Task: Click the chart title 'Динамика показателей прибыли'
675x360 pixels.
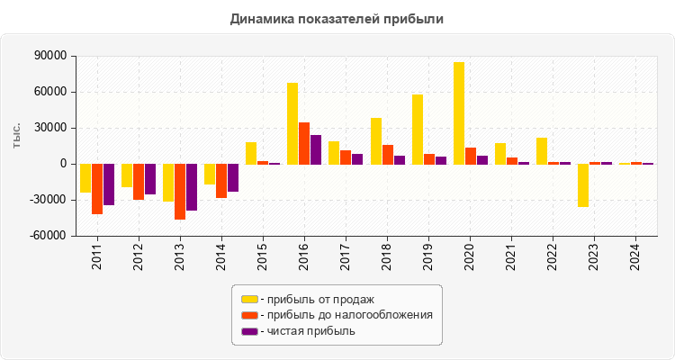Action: click(337, 18)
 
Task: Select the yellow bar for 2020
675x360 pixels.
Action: click(459, 112)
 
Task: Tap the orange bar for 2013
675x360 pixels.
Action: click(180, 192)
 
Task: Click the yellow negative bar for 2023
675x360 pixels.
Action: click(583, 185)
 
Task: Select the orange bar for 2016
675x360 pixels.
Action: click(304, 143)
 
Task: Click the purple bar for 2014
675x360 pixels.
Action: click(233, 177)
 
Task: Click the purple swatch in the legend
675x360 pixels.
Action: click(249, 331)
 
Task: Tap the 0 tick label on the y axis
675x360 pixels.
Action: click(65, 164)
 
